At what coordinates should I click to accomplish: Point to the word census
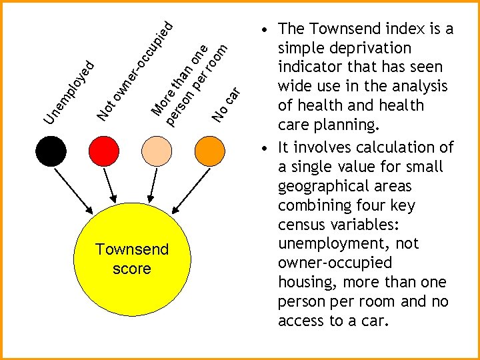point(302,224)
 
